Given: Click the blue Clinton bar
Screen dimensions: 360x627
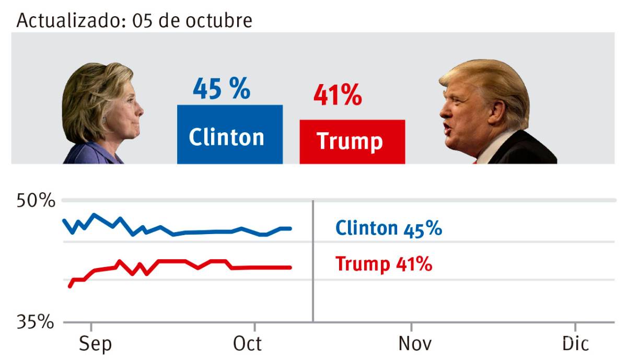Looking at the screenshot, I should (229, 135).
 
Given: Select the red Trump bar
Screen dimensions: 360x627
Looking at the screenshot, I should (352, 142).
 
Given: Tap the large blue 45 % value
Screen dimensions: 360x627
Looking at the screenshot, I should (222, 89).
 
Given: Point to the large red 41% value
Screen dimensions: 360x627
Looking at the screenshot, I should (337, 96).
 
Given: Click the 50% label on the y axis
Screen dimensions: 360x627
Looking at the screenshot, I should (36, 201).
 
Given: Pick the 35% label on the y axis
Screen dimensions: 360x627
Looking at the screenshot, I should (36, 322).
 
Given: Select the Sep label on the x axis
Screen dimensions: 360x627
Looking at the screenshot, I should (95, 344).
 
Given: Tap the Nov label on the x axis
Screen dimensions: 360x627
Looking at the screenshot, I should (415, 344).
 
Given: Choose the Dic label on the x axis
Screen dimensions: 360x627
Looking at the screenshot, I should (575, 344).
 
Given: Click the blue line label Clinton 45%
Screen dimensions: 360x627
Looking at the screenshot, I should (388, 229).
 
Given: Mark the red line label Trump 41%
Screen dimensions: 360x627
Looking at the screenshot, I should (384, 264).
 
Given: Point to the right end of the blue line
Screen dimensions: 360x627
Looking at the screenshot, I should (290, 228).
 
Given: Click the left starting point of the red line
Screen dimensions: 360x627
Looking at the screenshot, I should (70, 286).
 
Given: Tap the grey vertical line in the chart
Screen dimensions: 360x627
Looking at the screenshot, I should (312, 261).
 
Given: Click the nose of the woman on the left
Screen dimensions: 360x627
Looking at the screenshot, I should (141, 110).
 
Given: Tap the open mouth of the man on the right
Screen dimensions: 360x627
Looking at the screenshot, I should (447, 127).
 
